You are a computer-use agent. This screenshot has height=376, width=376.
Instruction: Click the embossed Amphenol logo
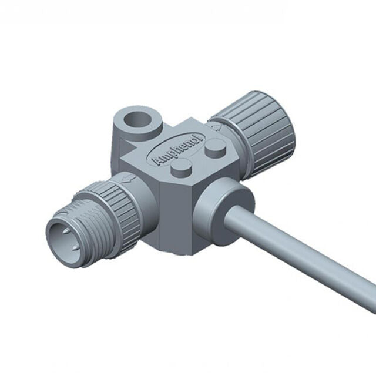point(176,149)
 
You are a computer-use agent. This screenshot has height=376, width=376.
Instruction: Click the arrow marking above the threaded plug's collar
point(127,179)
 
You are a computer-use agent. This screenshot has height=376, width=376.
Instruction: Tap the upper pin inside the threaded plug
point(66,231)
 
